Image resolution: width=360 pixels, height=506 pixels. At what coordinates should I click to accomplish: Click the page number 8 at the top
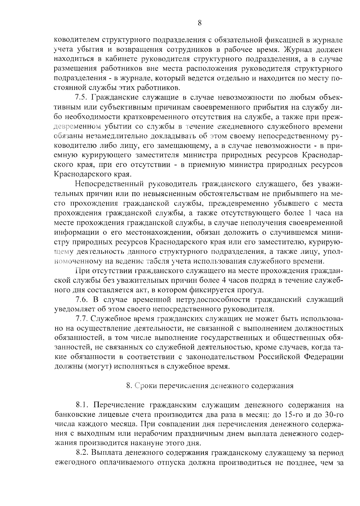coord(199,23)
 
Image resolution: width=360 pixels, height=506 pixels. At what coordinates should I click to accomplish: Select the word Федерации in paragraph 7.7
coord(324,357)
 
